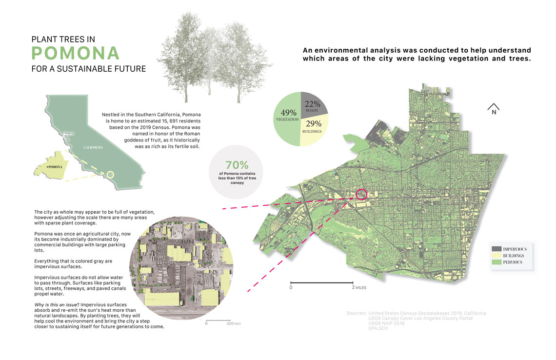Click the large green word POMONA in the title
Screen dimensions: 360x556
[x=75, y=53]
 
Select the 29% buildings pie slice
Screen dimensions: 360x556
[x=312, y=129]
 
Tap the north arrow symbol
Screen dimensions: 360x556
[x=494, y=109]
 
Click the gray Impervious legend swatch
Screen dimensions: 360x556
[x=497, y=249]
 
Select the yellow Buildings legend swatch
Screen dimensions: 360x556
[x=497, y=256]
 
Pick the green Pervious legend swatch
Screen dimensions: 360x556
[x=497, y=262]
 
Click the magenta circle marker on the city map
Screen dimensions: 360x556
[x=361, y=195]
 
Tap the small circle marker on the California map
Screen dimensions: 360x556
[x=110, y=174]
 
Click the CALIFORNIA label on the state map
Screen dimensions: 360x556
[x=93, y=147]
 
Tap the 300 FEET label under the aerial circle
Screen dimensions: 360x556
[x=234, y=323]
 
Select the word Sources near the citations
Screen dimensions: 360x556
[x=356, y=313]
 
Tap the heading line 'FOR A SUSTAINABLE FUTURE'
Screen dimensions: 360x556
[x=88, y=69]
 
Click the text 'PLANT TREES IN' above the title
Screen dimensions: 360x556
[x=63, y=39]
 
